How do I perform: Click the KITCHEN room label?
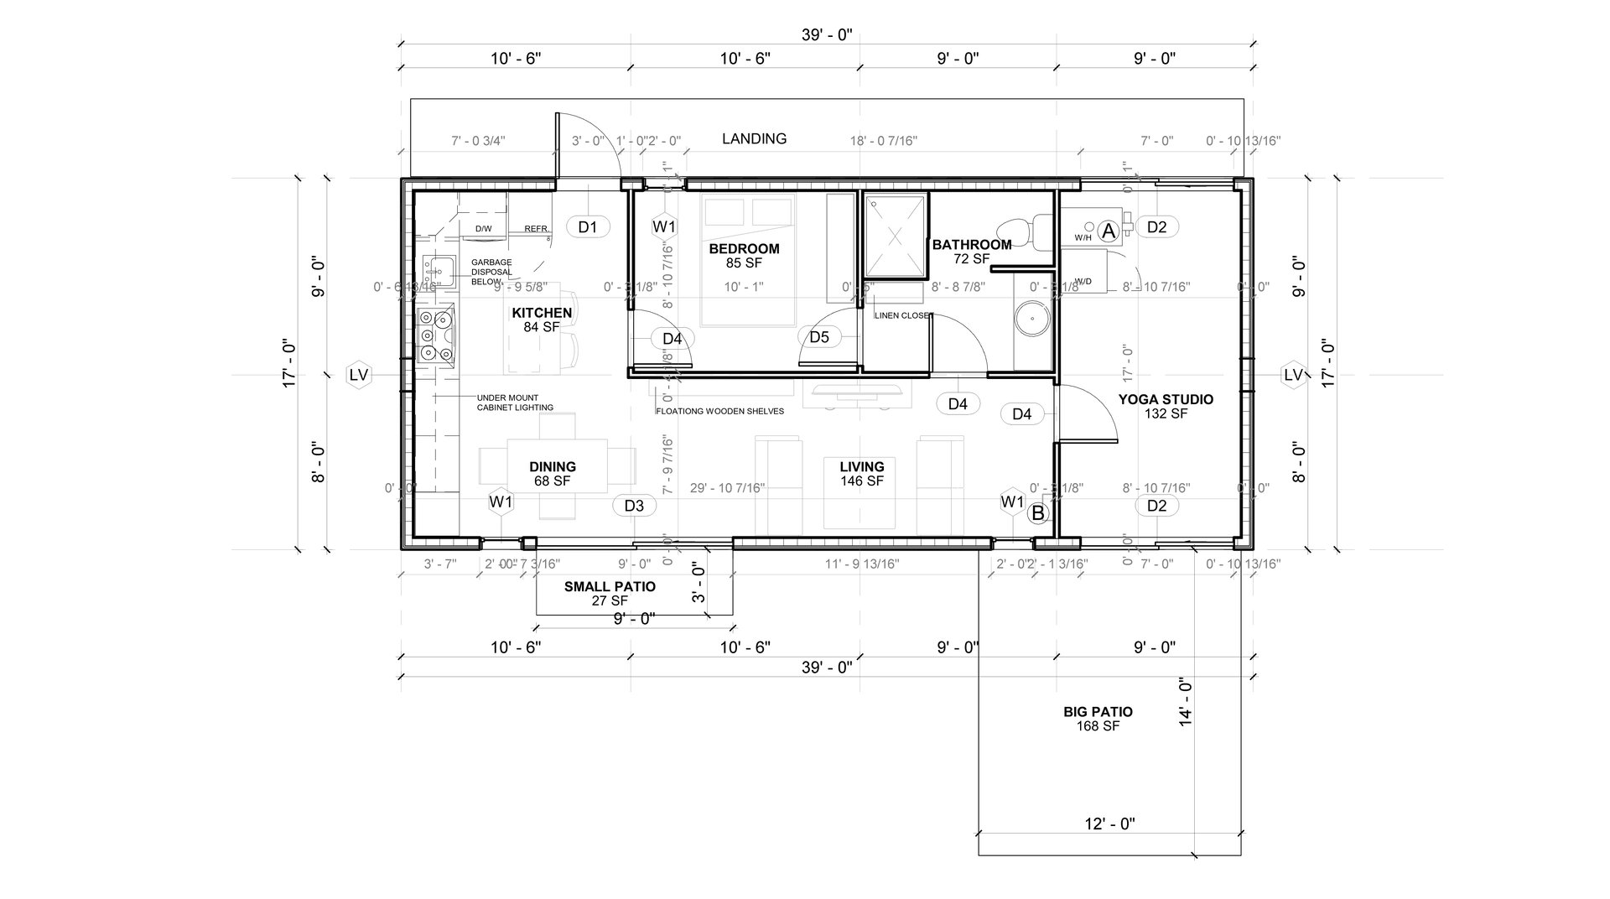[542, 313]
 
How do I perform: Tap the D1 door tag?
[588, 226]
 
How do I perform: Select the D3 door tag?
[634, 506]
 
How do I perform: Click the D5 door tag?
[819, 337]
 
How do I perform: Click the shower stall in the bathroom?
[896, 235]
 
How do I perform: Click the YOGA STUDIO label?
[1166, 399]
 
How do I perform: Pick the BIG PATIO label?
[1098, 712]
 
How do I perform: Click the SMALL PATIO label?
[610, 587]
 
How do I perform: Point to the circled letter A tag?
[1108, 231]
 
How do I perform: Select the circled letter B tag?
[1038, 513]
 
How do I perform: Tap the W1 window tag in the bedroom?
[664, 226]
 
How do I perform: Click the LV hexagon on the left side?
[359, 375]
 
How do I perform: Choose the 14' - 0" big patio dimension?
[1185, 701]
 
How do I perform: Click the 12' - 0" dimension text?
[1109, 824]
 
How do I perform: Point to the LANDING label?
[754, 139]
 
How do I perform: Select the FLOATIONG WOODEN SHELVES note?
[719, 412]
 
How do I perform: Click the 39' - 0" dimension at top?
[826, 35]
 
